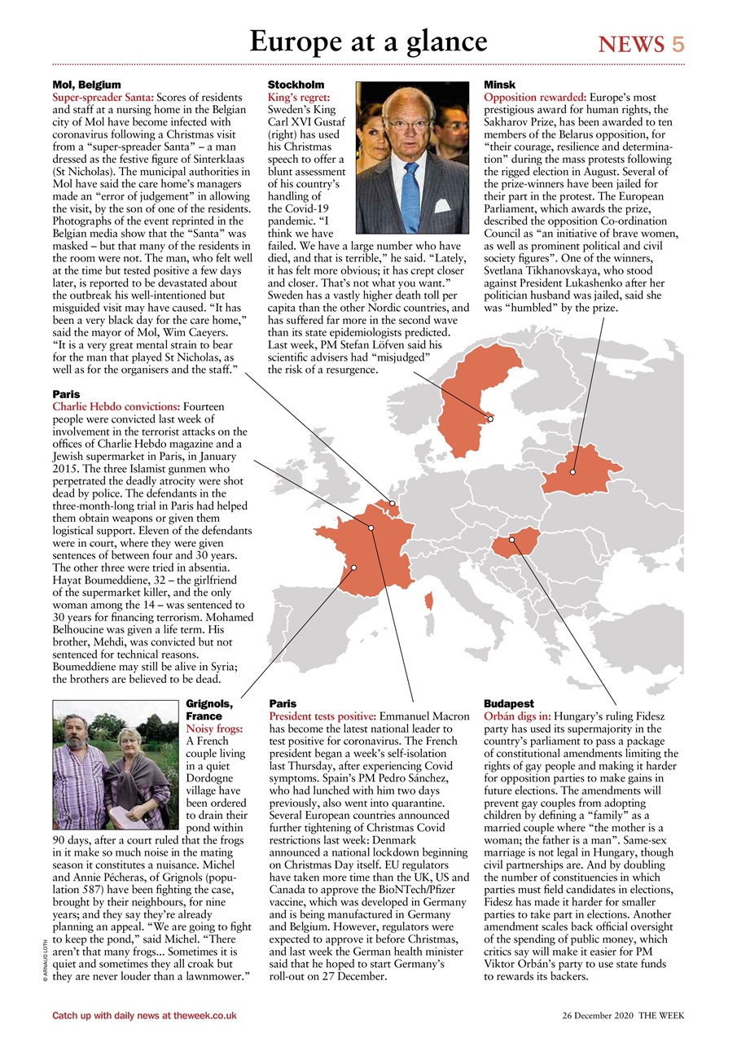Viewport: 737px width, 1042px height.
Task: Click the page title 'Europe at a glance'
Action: pos(368,41)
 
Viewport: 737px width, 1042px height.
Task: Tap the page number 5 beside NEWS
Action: pos(678,44)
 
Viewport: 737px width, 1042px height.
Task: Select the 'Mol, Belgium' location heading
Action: pos(86,85)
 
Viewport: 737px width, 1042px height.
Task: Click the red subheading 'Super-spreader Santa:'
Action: pos(103,97)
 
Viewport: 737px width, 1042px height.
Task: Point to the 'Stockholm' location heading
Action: pos(296,85)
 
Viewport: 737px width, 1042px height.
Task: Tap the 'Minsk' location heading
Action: pos(499,85)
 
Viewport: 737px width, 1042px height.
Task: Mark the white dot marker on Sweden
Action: pos(490,419)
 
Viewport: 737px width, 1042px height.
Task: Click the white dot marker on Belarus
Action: pos(572,471)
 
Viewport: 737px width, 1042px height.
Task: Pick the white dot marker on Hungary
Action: pos(511,539)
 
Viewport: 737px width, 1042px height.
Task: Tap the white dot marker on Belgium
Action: pos(392,504)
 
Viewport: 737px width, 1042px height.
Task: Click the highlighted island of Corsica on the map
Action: pos(428,602)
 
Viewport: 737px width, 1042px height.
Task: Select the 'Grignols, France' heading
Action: pos(210,709)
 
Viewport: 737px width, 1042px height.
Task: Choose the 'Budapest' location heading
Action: pos(508,703)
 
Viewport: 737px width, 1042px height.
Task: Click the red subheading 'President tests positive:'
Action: pos(322,716)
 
